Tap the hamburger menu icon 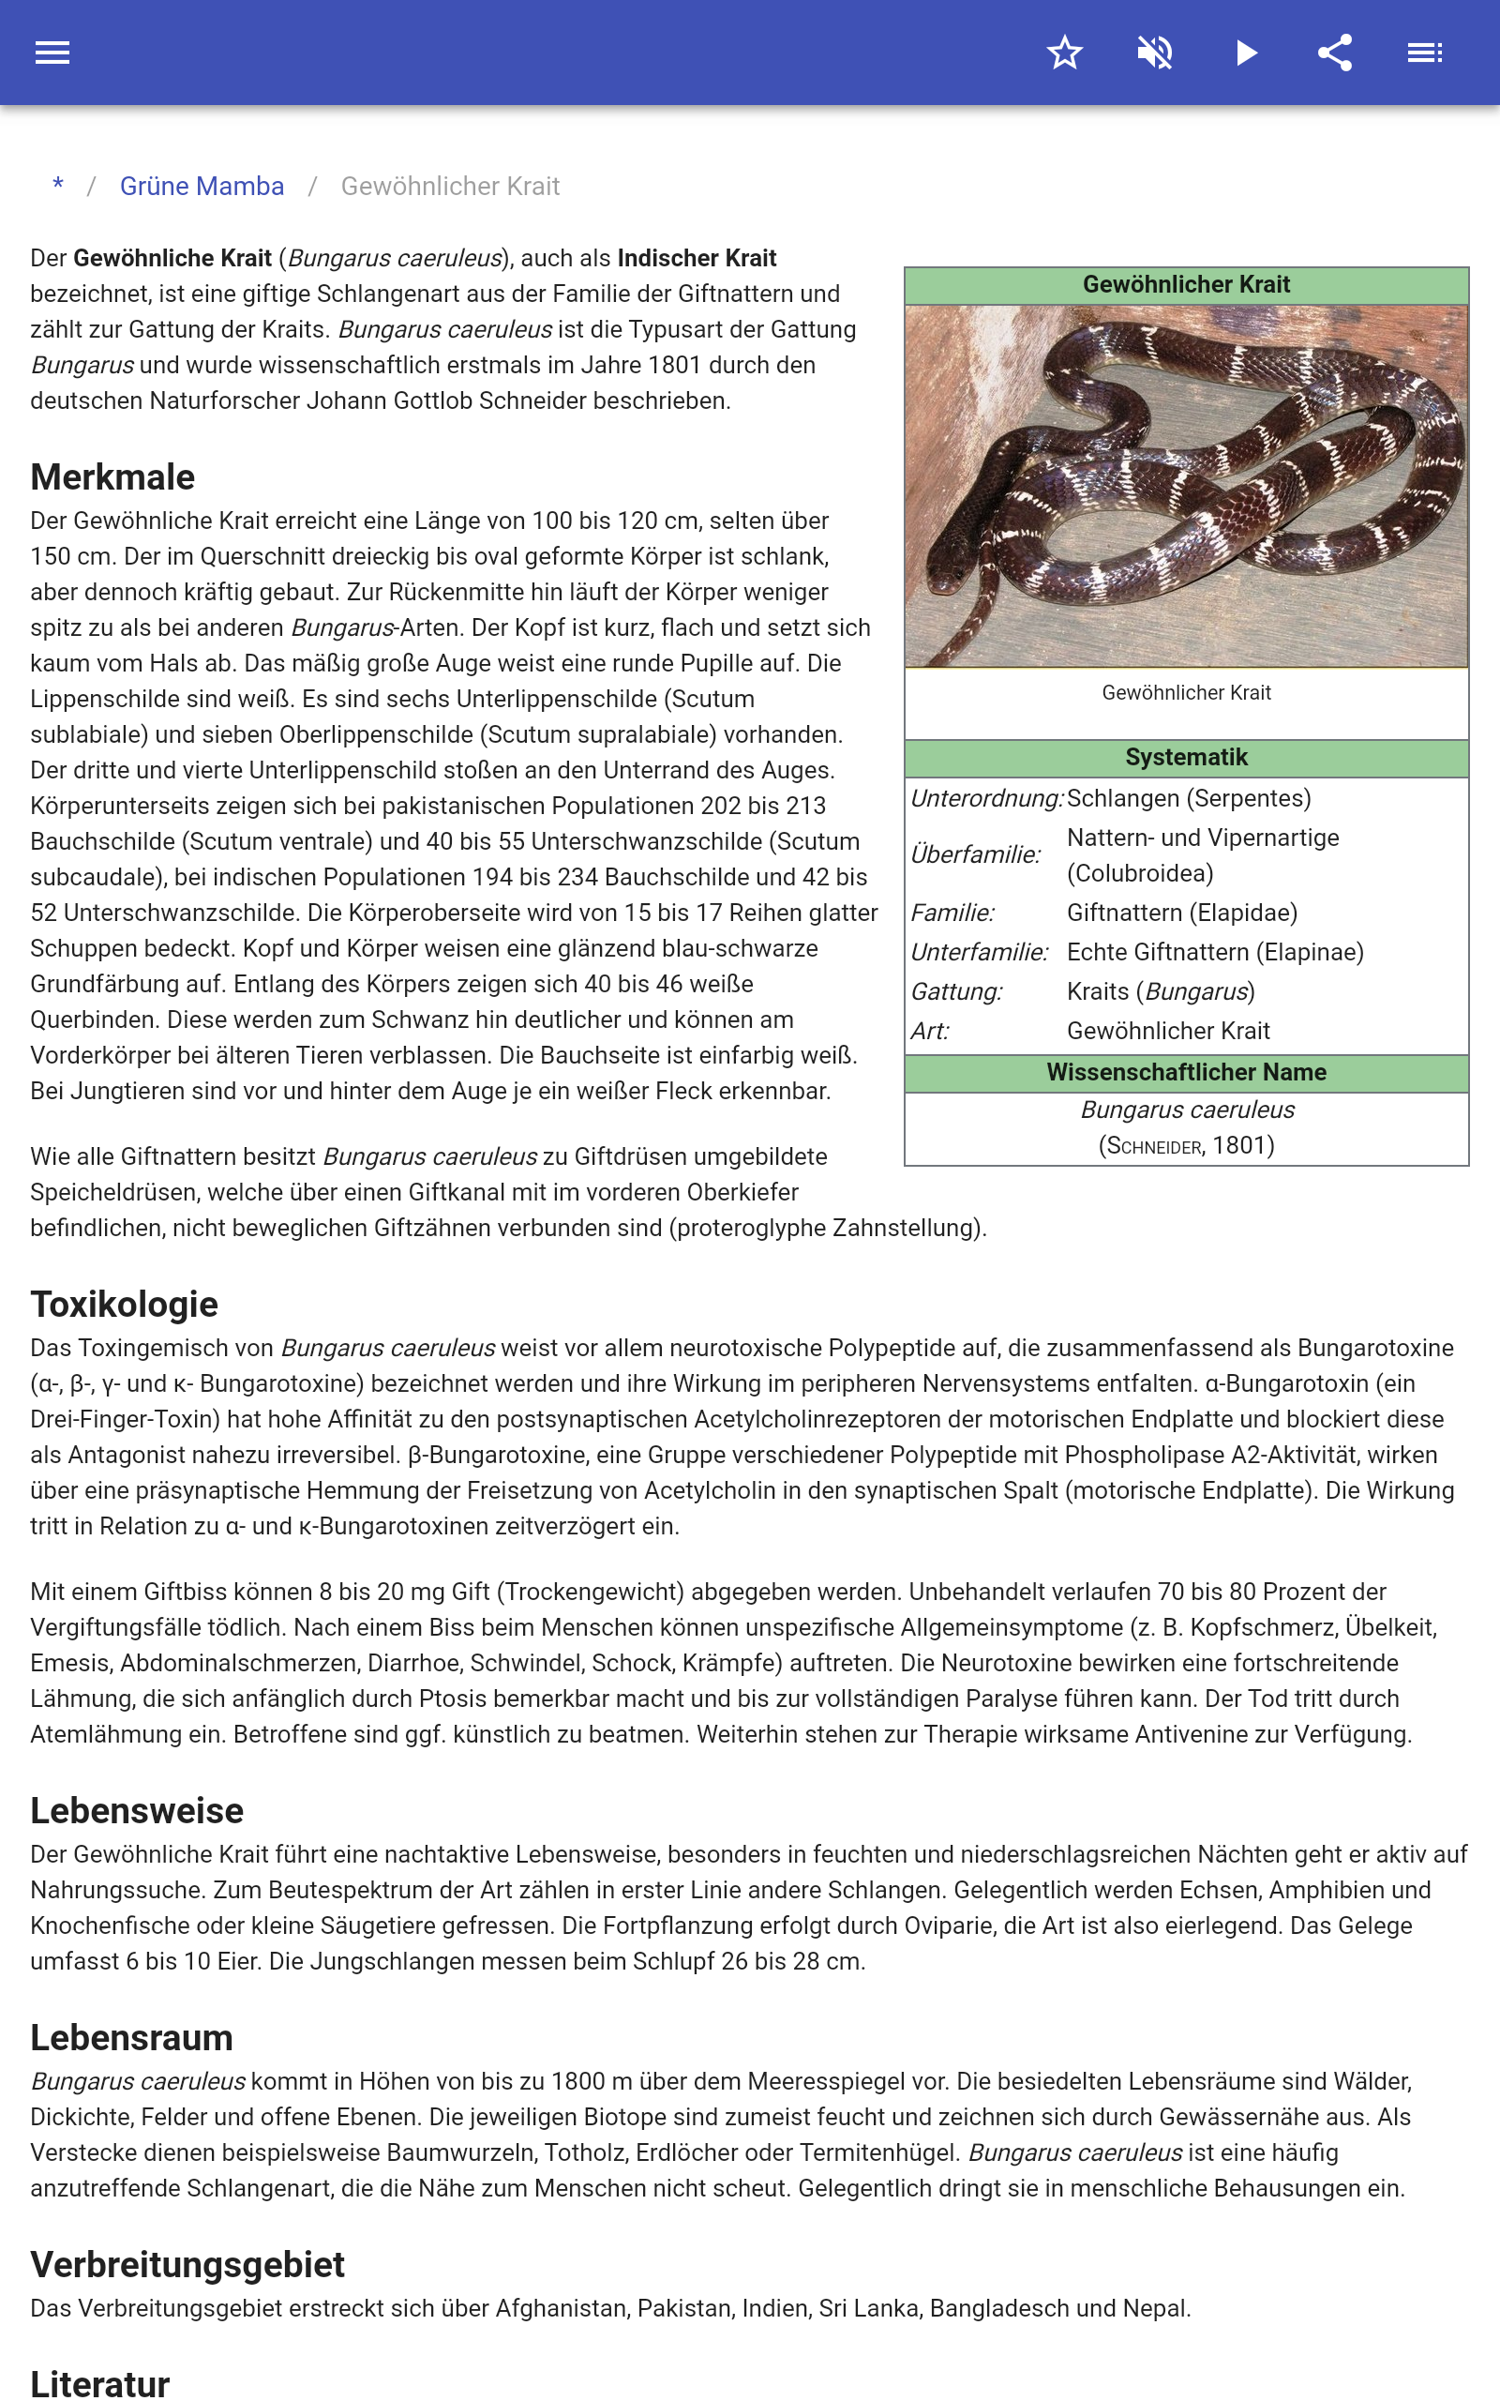(52, 53)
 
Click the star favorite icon (1064, 53)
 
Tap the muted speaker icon (1155, 53)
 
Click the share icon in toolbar (1335, 53)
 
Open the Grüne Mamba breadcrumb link (202, 187)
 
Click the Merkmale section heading (113, 477)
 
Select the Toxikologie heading (124, 1304)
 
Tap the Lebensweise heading (137, 1811)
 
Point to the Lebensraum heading (132, 2037)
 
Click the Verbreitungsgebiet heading (187, 2264)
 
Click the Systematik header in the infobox (1186, 758)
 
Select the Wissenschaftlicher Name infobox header (1186, 1073)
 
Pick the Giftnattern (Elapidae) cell (1181, 913)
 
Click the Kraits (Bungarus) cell (1161, 991)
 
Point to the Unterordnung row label (986, 799)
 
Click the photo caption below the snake (1186, 692)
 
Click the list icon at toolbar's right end (1425, 53)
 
